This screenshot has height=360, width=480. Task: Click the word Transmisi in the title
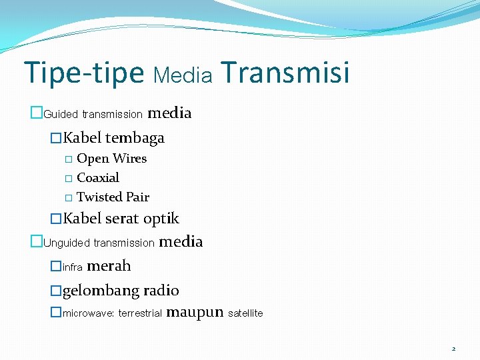coord(283,73)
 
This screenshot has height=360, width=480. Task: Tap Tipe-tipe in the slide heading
coord(83,73)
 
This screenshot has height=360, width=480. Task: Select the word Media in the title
coord(183,76)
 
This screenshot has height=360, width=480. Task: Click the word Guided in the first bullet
coord(61,114)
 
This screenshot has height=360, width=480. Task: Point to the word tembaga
coord(134,138)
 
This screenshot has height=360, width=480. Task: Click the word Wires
coord(129,159)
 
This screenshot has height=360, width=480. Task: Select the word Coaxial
coord(98,178)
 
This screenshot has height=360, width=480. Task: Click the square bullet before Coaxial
coord(68,179)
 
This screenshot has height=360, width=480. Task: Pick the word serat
coord(121,219)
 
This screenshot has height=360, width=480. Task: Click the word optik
coord(161,219)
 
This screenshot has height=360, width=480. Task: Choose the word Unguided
coord(67,243)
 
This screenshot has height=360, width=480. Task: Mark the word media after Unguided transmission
coord(181,241)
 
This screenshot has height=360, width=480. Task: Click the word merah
coord(109,266)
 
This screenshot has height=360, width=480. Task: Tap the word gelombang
coord(101,291)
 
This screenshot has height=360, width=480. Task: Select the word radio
coord(161,291)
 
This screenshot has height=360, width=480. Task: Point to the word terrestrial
coord(140,313)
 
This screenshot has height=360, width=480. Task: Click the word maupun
coord(194,311)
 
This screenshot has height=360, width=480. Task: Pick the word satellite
coord(245,313)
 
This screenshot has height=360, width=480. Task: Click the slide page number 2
coord(453,349)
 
